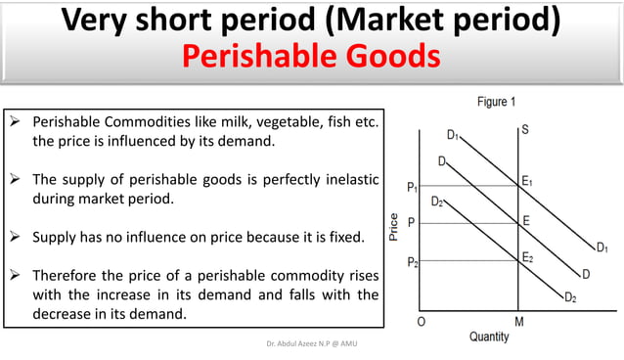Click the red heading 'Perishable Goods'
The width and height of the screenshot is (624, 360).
click(311, 58)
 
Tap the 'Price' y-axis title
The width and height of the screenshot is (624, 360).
click(392, 227)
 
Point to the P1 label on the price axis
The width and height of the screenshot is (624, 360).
click(414, 186)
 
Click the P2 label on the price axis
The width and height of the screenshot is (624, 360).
click(414, 261)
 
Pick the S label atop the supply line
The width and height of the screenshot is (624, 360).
click(525, 129)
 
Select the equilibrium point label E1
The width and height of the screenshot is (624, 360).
click(528, 179)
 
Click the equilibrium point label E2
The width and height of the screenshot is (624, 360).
click(528, 257)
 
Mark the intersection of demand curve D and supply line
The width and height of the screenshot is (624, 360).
click(517, 224)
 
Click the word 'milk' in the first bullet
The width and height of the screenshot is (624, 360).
click(235, 123)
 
